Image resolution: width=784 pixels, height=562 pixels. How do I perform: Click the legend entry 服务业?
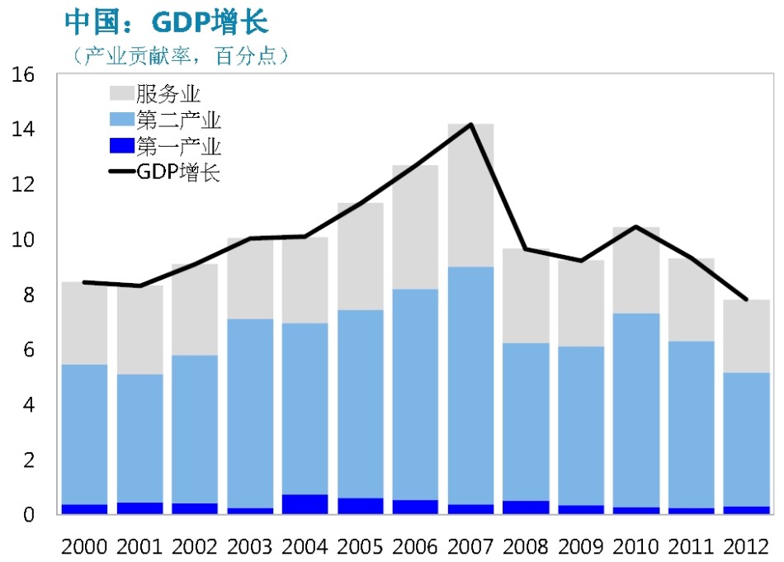[168, 93]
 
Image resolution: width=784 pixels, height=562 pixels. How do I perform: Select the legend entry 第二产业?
[178, 120]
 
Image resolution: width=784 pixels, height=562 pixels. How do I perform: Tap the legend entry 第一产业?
[178, 148]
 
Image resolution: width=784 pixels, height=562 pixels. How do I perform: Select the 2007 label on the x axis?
[470, 545]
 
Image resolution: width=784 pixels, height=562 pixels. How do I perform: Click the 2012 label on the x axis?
[746, 545]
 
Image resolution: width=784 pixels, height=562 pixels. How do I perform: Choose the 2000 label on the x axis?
[84, 545]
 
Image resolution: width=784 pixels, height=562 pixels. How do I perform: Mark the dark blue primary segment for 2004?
[305, 504]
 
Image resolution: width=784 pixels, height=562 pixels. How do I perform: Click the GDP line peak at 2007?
[470, 125]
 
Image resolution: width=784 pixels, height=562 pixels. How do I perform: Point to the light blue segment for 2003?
[249, 413]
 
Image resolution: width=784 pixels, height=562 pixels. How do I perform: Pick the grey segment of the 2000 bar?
[84, 323]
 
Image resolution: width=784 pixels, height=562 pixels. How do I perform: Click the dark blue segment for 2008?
[526, 508]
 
